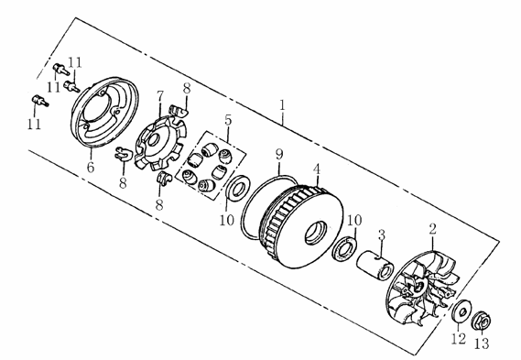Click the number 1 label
[x=282, y=105]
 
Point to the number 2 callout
[x=432, y=229]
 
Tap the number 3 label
[x=382, y=235]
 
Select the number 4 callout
[x=317, y=169]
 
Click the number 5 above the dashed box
[x=228, y=120]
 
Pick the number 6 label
[x=91, y=167]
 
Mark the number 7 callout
[x=160, y=96]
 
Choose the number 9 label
[x=279, y=154]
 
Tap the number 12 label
[x=459, y=339]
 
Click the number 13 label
[x=482, y=344]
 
